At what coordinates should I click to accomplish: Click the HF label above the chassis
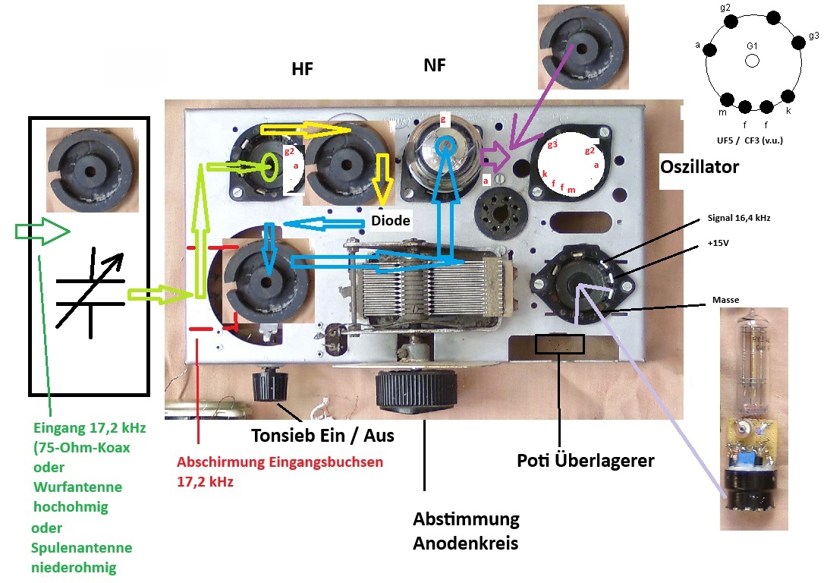(302, 70)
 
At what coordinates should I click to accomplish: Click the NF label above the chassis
(435, 66)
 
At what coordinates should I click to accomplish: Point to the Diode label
(391, 221)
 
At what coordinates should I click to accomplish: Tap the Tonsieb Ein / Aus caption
(324, 436)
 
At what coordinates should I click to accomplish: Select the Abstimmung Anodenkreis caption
(466, 531)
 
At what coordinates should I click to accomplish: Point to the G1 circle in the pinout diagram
(752, 61)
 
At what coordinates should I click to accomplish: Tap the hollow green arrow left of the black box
(42, 232)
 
